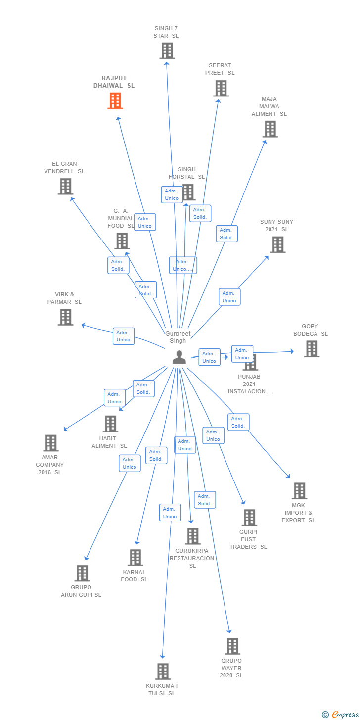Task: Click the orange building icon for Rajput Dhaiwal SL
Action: click(x=115, y=101)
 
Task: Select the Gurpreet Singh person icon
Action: click(x=179, y=357)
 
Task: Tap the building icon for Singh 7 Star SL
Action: click(x=167, y=51)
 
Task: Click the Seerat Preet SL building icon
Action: click(x=221, y=89)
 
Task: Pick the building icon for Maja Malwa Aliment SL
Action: click(x=270, y=129)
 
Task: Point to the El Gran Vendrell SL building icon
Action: click(x=65, y=187)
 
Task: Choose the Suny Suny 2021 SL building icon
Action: click(x=277, y=244)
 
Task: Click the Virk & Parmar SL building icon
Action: click(x=65, y=317)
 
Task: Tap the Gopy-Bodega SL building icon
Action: click(x=312, y=349)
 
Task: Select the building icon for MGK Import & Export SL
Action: click(x=299, y=491)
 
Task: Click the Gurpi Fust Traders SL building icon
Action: click(x=249, y=518)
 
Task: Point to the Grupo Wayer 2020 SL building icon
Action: click(x=232, y=646)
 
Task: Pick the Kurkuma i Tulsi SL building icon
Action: click(x=163, y=672)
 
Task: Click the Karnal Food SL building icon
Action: click(x=135, y=558)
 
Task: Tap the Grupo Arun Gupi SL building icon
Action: click(x=82, y=573)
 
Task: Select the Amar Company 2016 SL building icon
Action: click(x=51, y=443)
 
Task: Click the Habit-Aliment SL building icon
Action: click(x=110, y=424)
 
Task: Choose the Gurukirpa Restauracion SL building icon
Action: click(x=193, y=536)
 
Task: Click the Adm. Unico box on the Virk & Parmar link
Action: click(x=123, y=336)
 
